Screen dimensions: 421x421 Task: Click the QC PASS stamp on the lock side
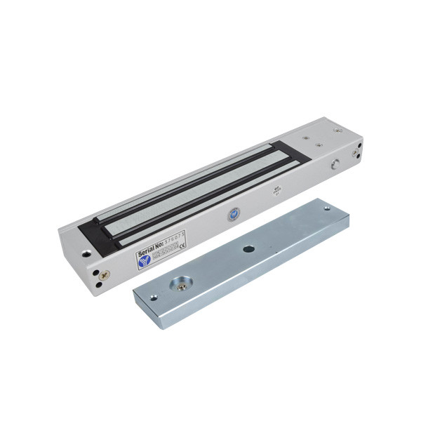coord(276,190)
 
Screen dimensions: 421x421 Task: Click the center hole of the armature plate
coord(249,250)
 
